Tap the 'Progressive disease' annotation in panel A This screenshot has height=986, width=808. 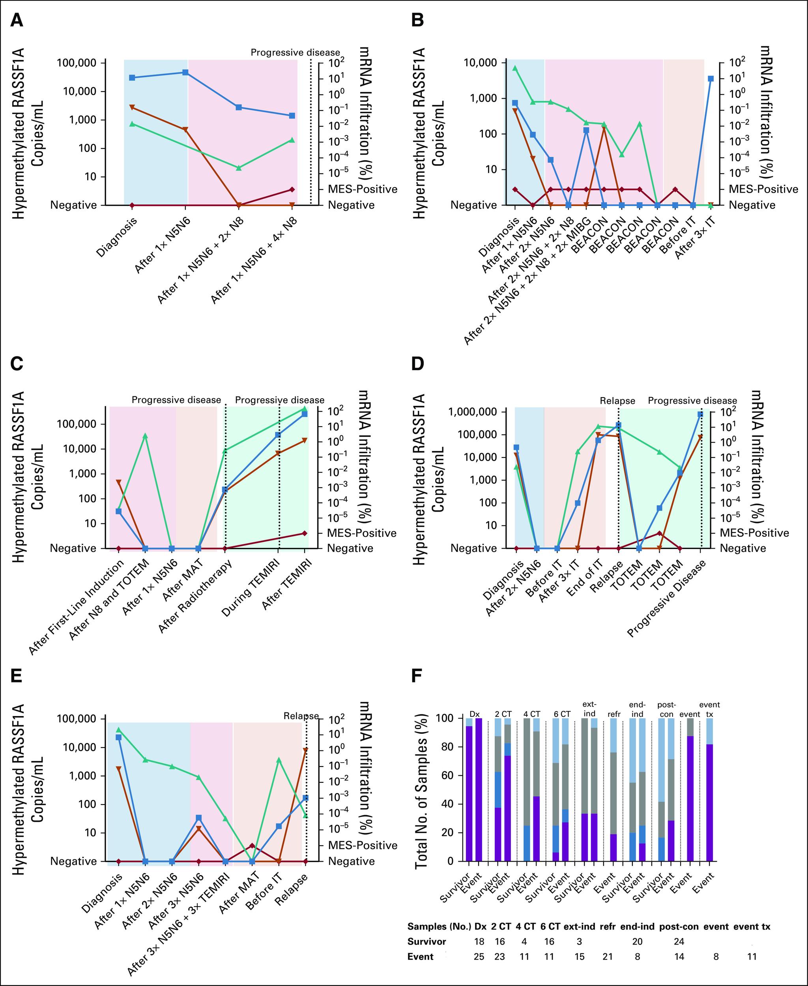tap(295, 52)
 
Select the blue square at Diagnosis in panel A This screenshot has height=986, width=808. tap(132, 77)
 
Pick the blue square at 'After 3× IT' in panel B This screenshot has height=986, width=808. tap(710, 79)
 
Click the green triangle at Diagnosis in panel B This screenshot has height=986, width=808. tap(515, 68)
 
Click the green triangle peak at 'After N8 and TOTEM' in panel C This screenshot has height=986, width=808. tap(145, 436)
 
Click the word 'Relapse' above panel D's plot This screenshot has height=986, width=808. tap(617, 400)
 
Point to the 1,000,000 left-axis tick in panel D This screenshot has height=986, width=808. tap(476, 412)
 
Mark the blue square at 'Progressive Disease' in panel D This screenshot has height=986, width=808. tap(700, 414)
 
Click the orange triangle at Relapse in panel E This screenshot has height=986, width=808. tap(305, 751)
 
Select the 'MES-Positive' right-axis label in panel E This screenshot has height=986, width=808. tap(363, 845)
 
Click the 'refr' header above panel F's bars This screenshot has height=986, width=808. tap(614, 714)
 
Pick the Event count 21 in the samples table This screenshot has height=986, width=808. tap(608, 957)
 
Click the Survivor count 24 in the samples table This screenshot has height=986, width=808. tap(679, 941)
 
